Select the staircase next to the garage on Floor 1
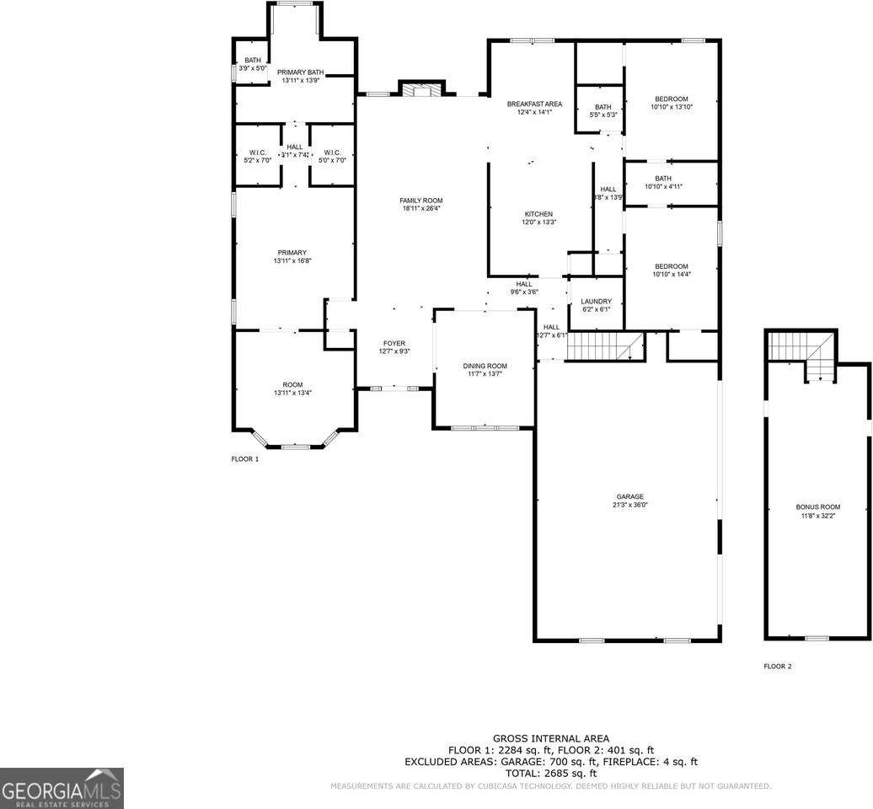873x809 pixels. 603,346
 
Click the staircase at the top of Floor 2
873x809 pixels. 801,351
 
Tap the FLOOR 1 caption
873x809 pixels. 245,459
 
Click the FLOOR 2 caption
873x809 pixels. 777,667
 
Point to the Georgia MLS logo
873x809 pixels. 62,788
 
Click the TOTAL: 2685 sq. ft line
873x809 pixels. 550,773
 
